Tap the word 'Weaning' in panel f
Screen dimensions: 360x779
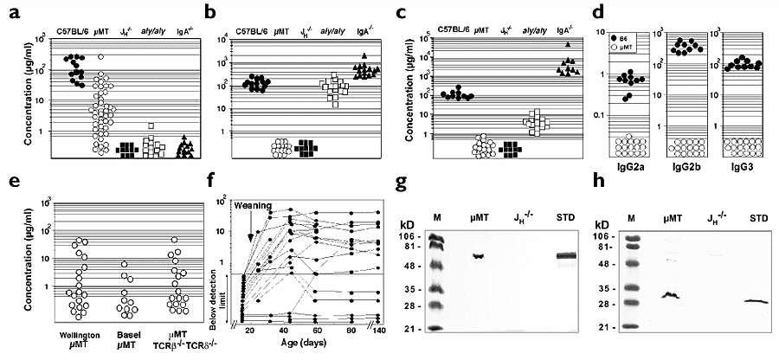250,205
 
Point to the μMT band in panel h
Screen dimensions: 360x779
669,296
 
